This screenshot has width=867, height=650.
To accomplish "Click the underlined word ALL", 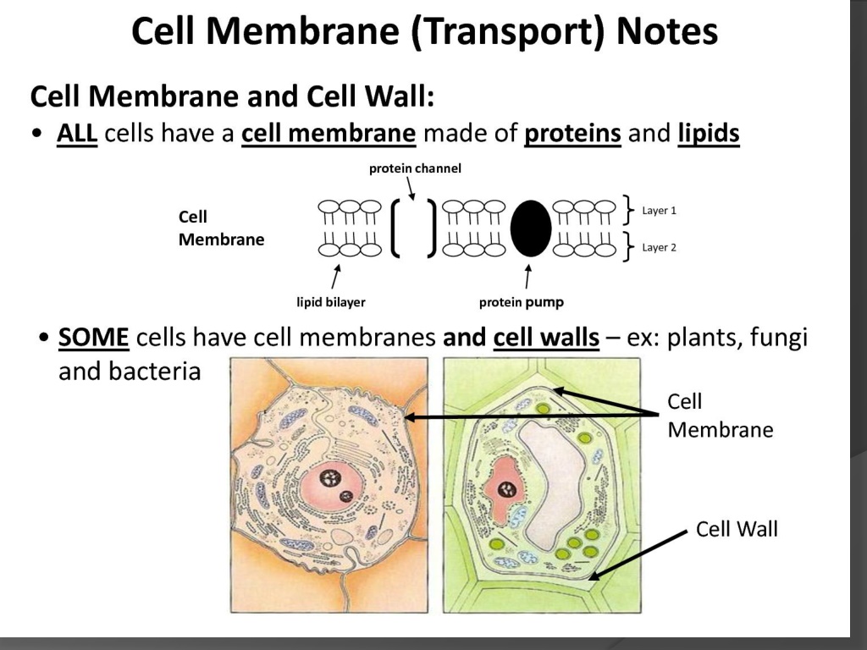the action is click(x=77, y=133).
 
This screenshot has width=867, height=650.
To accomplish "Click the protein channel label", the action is click(x=415, y=168).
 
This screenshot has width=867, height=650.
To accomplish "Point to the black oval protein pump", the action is click(x=530, y=229).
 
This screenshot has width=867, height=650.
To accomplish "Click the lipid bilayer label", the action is click(x=331, y=302).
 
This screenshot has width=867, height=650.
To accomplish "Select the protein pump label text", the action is click(x=521, y=302).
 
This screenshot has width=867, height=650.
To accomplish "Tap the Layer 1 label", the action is click(x=659, y=211).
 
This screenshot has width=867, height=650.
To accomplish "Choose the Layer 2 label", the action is click(x=659, y=247).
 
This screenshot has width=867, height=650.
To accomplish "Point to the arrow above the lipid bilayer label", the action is click(x=335, y=277).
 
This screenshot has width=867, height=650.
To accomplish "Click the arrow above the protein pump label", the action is click(x=527, y=277).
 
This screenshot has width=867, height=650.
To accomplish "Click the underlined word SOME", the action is click(x=93, y=337).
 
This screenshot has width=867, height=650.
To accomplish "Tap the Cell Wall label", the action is click(x=737, y=529).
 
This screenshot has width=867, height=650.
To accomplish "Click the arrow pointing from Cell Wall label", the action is click(x=638, y=555).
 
